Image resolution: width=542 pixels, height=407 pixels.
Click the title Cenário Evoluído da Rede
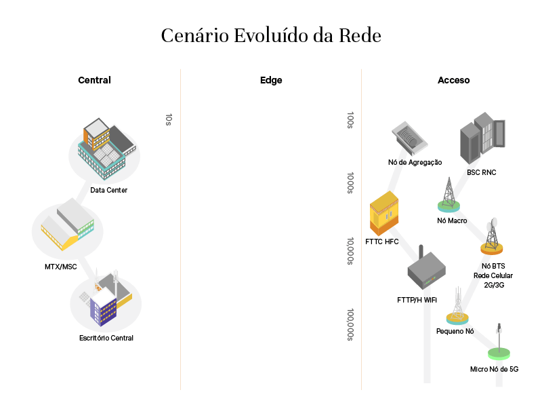pyautogui.click(x=271, y=35)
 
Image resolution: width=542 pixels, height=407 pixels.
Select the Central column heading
pyautogui.click(x=94, y=80)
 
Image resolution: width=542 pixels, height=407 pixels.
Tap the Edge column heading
pyautogui.click(x=271, y=80)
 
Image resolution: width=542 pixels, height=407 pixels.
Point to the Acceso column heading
pyautogui.click(x=453, y=80)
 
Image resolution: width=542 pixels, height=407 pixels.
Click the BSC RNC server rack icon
pyautogui.click(x=482, y=140)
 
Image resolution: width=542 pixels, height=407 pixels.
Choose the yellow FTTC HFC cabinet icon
pyautogui.click(x=383, y=213)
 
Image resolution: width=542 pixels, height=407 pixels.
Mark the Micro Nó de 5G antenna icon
pyautogui.click(x=499, y=343)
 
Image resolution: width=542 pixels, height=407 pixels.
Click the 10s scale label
pyautogui.click(x=169, y=119)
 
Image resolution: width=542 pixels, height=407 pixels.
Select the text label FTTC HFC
pyautogui.click(x=382, y=242)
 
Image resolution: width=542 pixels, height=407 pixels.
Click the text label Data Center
pyautogui.click(x=108, y=190)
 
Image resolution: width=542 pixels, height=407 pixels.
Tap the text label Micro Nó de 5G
pyautogui.click(x=494, y=370)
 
